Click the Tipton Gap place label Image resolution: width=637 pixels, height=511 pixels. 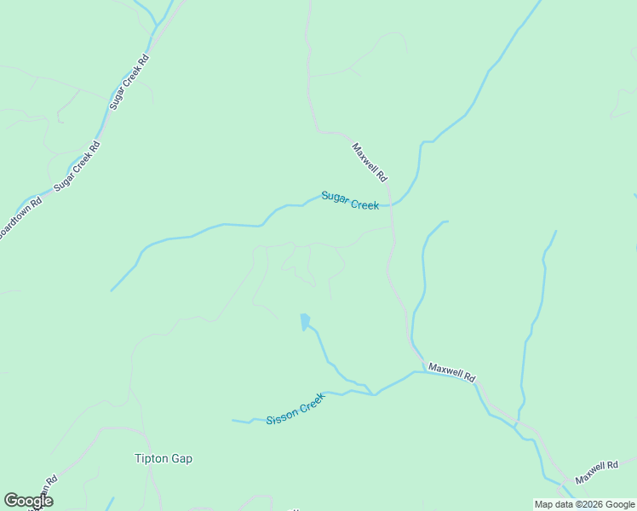coord(164,458)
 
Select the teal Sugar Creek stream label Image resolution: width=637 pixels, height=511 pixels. coord(350,200)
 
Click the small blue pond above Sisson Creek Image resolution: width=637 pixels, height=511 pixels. coord(304,322)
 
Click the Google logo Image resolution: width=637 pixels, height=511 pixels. coord(28,501)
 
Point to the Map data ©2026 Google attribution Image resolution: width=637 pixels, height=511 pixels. coord(584,504)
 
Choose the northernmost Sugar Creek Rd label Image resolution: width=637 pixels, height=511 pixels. coord(130,82)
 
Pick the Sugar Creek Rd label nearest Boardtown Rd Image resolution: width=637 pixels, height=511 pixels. coord(77,165)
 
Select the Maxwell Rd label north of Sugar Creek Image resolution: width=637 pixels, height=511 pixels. coord(370,162)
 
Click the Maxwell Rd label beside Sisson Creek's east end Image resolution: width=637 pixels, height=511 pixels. coord(451,372)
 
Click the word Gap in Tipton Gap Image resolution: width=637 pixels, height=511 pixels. coord(181,458)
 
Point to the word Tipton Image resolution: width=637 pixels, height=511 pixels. coord(151,458)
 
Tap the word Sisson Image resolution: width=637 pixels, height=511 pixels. coord(282,416)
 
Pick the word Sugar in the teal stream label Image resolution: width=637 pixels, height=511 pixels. coord(335,197)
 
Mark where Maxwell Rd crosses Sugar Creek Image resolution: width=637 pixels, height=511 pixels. coord(392,205)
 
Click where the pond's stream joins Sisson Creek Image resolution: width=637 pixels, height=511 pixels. coord(374,394)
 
